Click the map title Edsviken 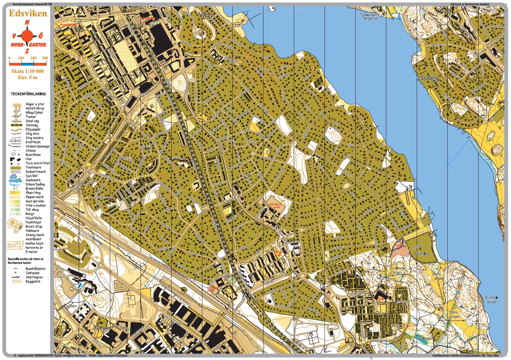(x=28, y=13)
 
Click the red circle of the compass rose (x=27, y=36)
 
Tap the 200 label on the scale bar (x=33, y=58)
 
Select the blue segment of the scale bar (x=28, y=64)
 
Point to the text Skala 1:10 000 (x=28, y=71)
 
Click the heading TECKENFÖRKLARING (x=28, y=94)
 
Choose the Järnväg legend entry (x=31, y=125)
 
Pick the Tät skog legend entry (x=32, y=209)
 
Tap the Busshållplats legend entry (x=35, y=268)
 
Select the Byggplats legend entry (x=32, y=281)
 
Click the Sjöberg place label (x=429, y=78)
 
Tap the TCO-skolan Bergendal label (x=368, y=17)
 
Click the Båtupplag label (x=421, y=254)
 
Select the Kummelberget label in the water (x=491, y=300)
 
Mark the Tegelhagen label (x=424, y=338)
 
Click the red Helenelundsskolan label (x=274, y=206)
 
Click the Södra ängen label (x=453, y=314)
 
